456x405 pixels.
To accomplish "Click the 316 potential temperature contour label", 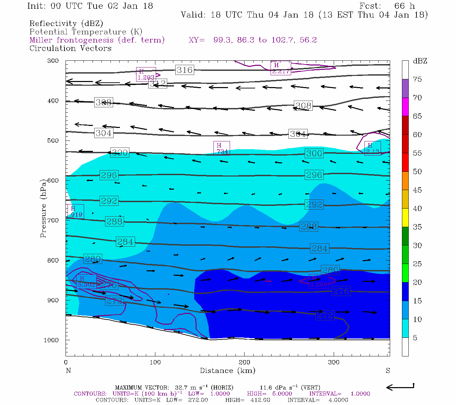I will [184, 70].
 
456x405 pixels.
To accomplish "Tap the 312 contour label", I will [158, 83].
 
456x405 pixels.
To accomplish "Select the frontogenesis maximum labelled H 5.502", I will [86, 281].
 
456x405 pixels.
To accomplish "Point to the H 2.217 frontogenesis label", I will [280, 68].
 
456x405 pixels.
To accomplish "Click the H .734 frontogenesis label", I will [222, 148].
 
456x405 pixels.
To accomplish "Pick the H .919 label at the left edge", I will [75, 211].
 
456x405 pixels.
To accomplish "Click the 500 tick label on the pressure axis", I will [53, 141].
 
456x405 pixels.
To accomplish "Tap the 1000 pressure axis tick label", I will [51, 340].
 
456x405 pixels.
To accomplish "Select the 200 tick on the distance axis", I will [244, 362].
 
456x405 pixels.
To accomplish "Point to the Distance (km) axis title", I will [227, 371].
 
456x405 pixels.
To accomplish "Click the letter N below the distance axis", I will [68, 371].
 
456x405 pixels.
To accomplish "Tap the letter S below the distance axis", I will [388, 371].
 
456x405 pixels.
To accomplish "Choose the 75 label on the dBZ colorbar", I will [417, 79].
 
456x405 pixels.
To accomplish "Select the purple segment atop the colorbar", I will [405, 88].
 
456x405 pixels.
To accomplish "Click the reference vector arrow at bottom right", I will [400, 387].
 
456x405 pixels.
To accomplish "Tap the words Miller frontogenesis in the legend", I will [72, 40].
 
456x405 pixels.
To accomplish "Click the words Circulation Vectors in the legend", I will [70, 48].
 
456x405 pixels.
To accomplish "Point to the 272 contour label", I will [325, 315].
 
